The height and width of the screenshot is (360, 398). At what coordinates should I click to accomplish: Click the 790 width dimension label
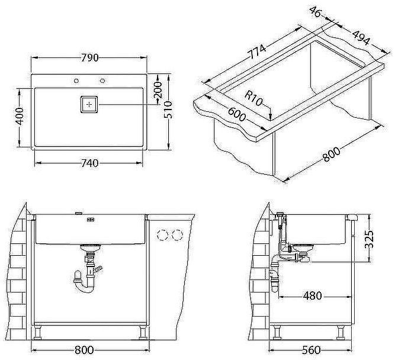88,57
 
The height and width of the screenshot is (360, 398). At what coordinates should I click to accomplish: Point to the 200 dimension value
158,91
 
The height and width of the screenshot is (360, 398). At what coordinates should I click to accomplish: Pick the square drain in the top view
89,104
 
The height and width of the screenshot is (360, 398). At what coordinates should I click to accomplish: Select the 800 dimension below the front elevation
88,349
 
